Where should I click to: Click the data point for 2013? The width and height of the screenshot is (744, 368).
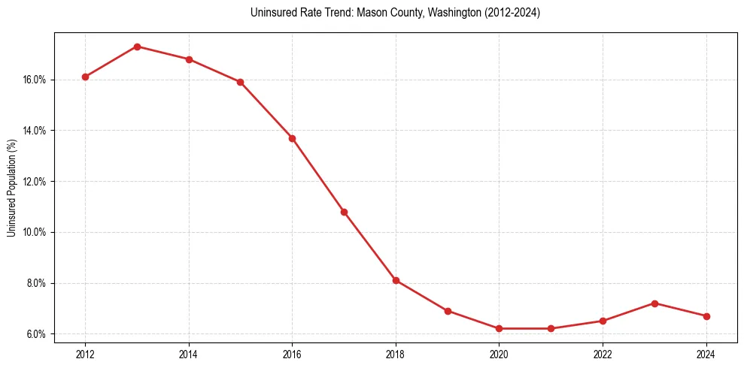click(x=137, y=47)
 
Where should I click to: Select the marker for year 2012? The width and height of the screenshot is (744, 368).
click(x=85, y=77)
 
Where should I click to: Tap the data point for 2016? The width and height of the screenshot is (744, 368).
click(x=292, y=138)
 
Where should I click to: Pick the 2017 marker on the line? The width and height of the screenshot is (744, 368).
click(x=344, y=212)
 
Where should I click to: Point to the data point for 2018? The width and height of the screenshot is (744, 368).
click(x=396, y=280)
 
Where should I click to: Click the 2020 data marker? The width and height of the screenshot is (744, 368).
click(x=499, y=328)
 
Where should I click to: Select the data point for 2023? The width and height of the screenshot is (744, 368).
click(x=654, y=303)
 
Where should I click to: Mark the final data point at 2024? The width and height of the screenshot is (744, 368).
click(x=706, y=316)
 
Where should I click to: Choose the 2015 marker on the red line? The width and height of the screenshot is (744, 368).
click(x=240, y=82)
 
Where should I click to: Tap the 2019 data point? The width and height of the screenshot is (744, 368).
click(x=448, y=311)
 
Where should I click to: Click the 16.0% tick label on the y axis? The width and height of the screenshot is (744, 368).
click(x=35, y=80)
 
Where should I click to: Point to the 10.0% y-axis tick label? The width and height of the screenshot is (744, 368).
click(x=35, y=232)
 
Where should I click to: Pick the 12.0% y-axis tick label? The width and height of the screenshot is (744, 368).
click(x=35, y=182)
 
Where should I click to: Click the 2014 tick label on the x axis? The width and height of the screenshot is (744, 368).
click(x=189, y=353)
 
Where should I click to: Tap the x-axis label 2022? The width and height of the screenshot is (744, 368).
click(x=603, y=353)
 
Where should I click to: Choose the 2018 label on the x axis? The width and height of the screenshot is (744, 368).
click(x=396, y=353)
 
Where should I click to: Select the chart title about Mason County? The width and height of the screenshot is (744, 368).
click(x=395, y=13)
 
